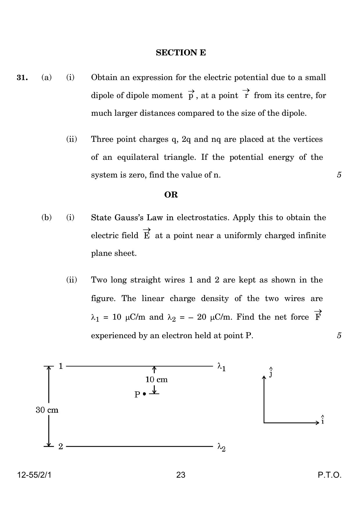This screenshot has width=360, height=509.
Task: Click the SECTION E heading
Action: coord(181,53)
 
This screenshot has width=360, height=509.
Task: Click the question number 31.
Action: coord(22,77)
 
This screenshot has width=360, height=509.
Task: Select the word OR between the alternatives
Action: coord(171,195)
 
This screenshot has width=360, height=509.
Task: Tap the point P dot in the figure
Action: coord(144,394)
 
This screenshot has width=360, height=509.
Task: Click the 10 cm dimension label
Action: coord(156,380)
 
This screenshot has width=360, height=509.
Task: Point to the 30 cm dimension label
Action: coord(47,410)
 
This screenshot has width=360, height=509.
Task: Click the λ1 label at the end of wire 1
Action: coord(222,367)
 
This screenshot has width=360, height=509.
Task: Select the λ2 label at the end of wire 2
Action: coord(222,448)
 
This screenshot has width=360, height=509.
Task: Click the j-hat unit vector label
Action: coord(271,372)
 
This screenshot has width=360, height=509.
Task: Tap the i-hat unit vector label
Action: coord(322,420)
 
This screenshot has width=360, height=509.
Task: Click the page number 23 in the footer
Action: coord(181,475)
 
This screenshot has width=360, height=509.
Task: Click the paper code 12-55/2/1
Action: coord(34,475)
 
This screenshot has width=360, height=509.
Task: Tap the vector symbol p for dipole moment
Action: coord(191,95)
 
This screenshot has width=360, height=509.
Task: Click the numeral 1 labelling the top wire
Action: coord(61,366)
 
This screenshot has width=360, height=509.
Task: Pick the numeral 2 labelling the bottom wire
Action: coord(61,446)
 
